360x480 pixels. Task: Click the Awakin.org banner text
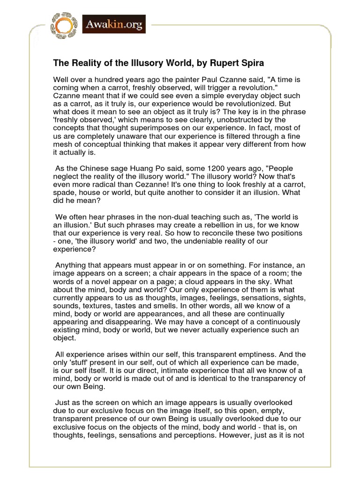pyautogui.click(x=114, y=24)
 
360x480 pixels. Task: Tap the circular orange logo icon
pyautogui.click(x=64, y=25)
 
